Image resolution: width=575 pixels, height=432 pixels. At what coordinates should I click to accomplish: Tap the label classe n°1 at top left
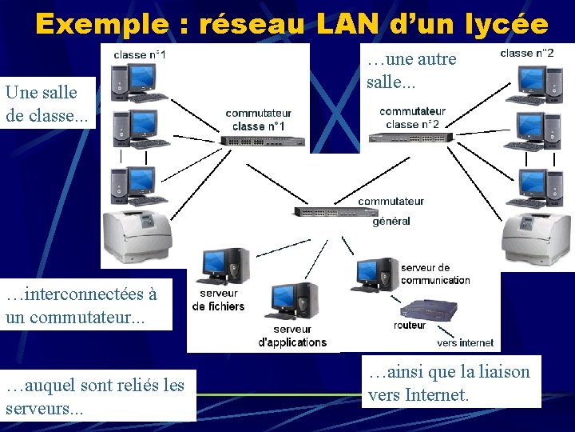pyautogui.click(x=140, y=54)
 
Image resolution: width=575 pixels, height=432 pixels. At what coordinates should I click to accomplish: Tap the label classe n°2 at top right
pyautogui.click(x=527, y=53)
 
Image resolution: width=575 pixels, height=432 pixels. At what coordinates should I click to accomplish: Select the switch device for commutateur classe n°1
pyautogui.click(x=263, y=141)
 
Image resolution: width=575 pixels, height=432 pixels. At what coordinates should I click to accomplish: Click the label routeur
pyautogui.click(x=410, y=326)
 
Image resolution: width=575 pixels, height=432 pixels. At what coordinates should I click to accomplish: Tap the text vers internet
pyautogui.click(x=465, y=342)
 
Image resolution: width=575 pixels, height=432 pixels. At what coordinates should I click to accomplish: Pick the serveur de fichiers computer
pyautogui.click(x=224, y=266)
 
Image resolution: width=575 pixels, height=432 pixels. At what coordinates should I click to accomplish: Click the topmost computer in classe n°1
pyautogui.click(x=135, y=81)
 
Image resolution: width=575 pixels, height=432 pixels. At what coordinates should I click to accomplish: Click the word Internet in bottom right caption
pyautogui.click(x=437, y=394)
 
